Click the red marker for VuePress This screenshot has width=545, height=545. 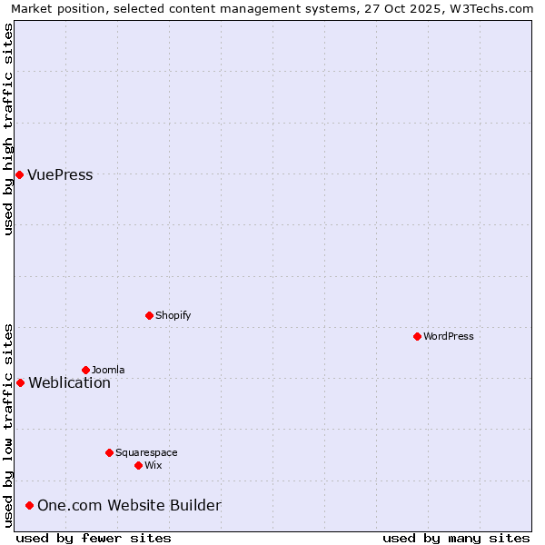click(19, 174)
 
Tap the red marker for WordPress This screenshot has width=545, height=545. click(417, 336)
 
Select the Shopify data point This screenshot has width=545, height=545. click(149, 315)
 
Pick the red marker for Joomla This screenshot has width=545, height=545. click(85, 370)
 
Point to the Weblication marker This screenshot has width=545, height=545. click(20, 382)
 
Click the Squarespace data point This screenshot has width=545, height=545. click(109, 452)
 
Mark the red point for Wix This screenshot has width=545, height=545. click(138, 465)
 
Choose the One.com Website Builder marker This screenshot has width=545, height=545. click(29, 505)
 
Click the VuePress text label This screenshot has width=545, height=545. click(60, 175)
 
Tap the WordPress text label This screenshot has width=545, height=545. click(449, 336)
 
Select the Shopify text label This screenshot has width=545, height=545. click(173, 315)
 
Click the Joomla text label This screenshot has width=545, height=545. click(108, 370)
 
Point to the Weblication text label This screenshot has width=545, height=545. click(69, 383)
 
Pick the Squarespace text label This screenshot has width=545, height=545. click(146, 452)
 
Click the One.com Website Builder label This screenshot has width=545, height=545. click(129, 506)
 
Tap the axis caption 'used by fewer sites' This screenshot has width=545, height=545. click(94, 538)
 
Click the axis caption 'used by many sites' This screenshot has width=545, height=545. click(456, 538)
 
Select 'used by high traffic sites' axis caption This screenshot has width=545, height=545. click(9, 129)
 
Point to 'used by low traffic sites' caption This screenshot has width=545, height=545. click(9, 425)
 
